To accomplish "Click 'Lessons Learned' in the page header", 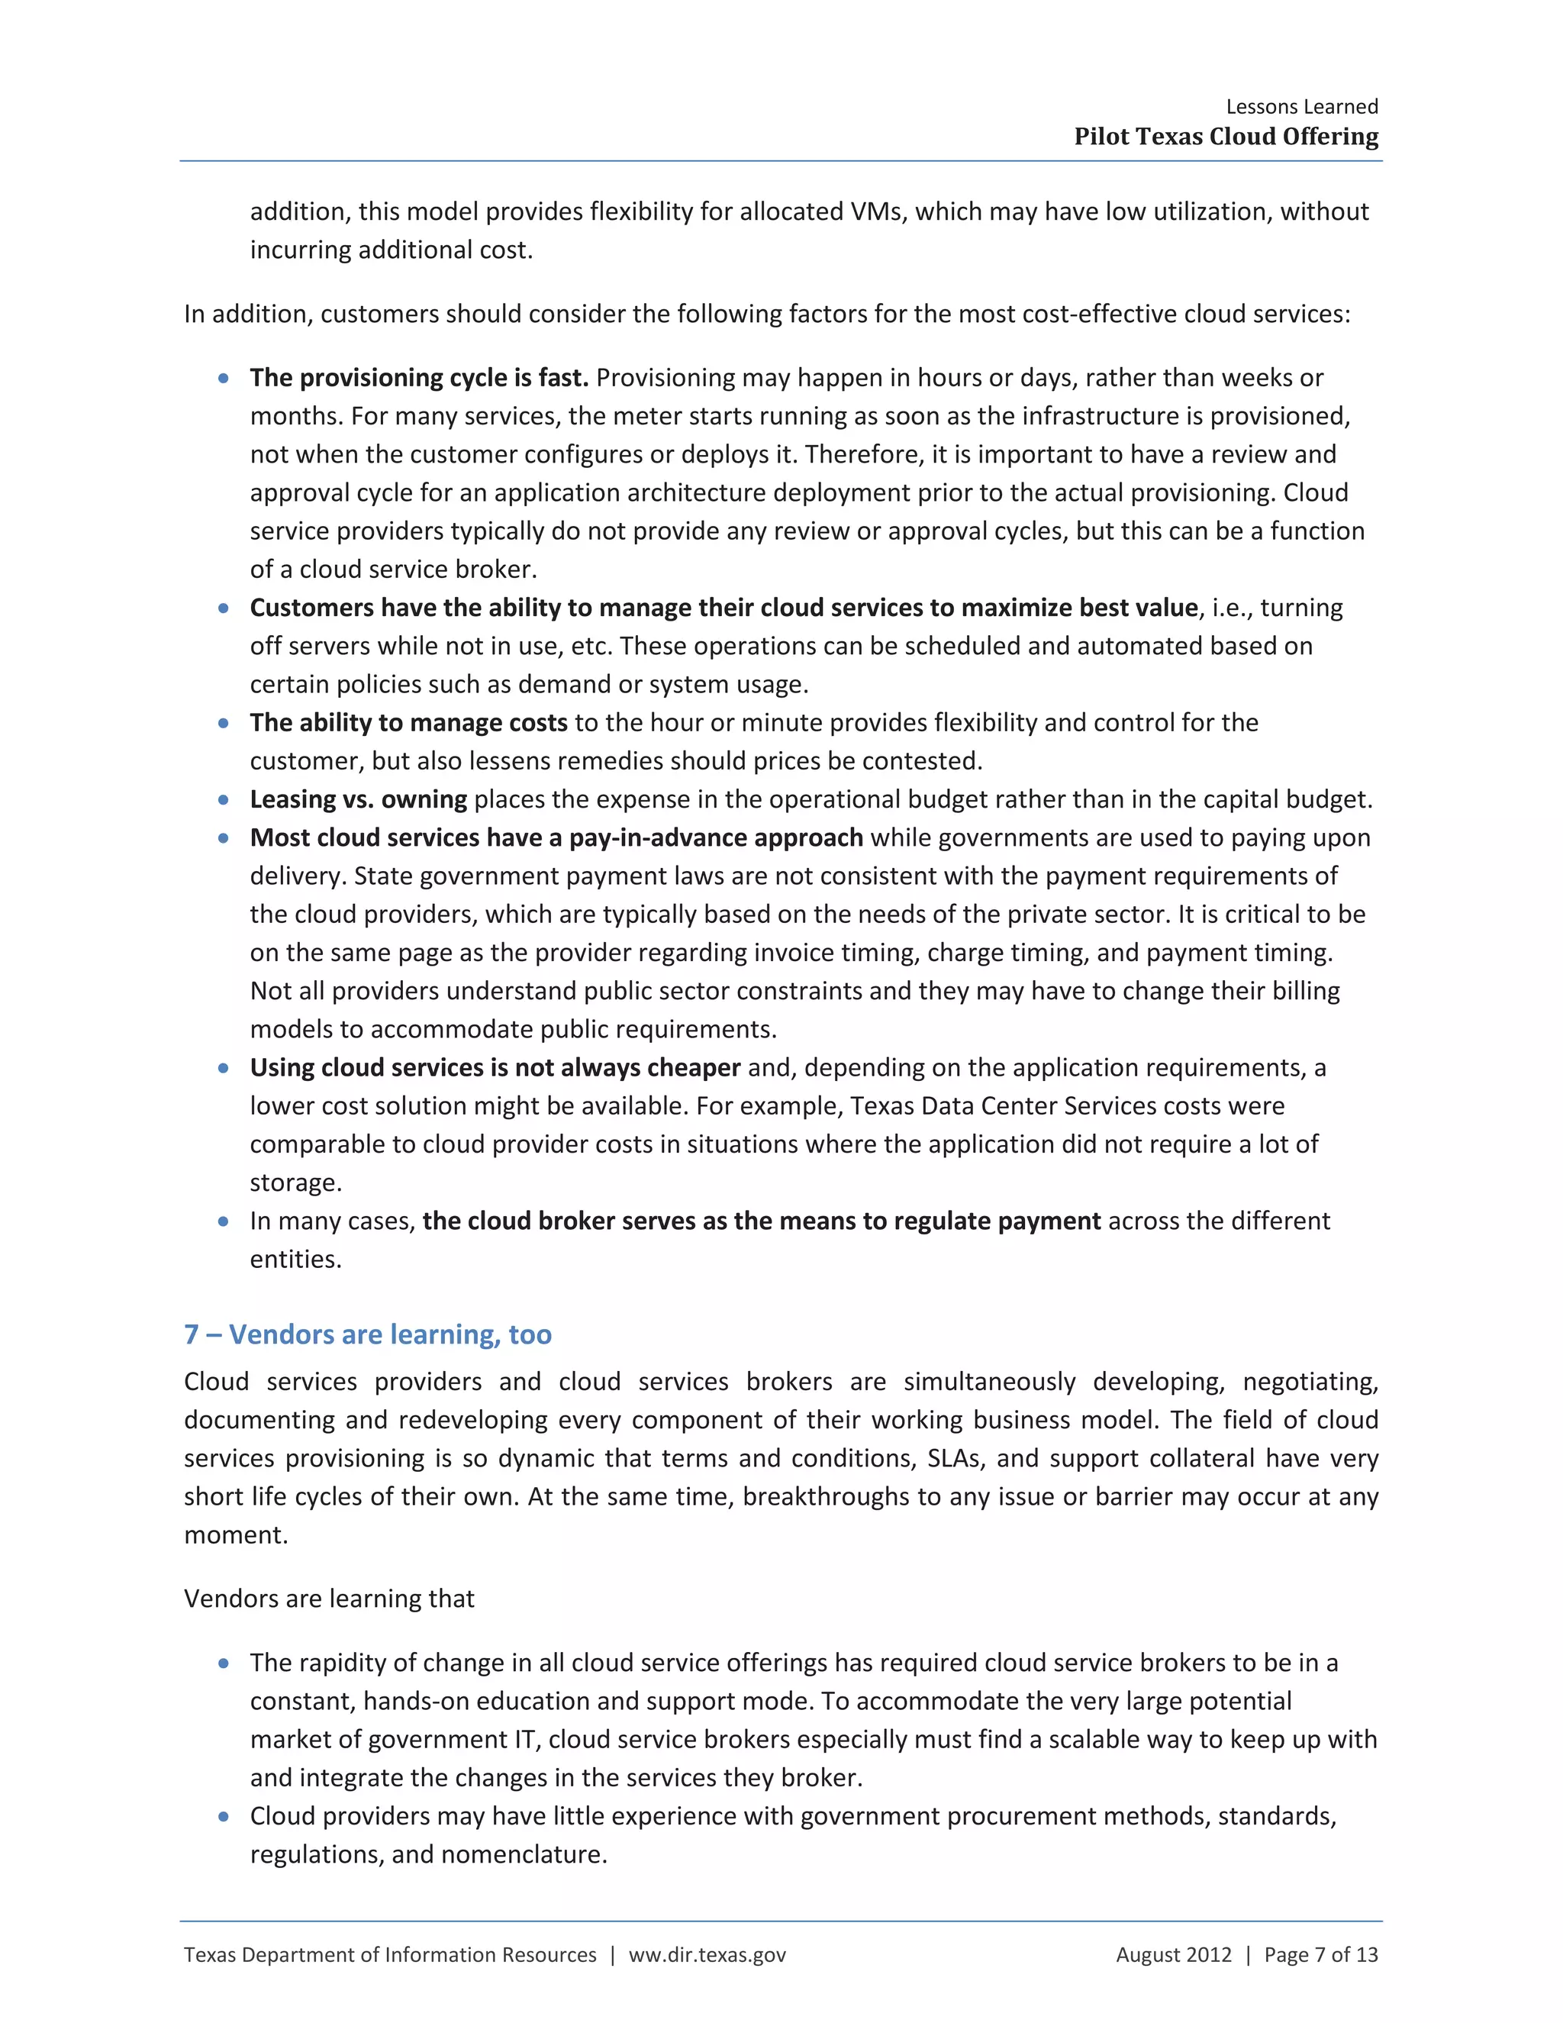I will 1301,107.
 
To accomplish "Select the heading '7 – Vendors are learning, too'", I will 368,1334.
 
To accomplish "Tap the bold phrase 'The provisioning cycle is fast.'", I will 418,378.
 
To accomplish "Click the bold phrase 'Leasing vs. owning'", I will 359,799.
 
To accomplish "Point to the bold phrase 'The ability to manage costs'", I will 408,722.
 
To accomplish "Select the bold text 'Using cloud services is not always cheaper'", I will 495,1068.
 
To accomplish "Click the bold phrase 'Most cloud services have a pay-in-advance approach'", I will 556,838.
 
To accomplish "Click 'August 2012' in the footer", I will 1173,1954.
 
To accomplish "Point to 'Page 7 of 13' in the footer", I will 1320,1954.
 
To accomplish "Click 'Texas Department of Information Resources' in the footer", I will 390,1954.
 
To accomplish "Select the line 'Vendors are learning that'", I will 329,1599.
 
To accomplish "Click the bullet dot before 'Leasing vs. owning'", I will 223,799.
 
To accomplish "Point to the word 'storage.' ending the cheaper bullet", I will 295,1183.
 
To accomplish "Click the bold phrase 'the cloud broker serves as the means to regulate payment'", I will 761,1221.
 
